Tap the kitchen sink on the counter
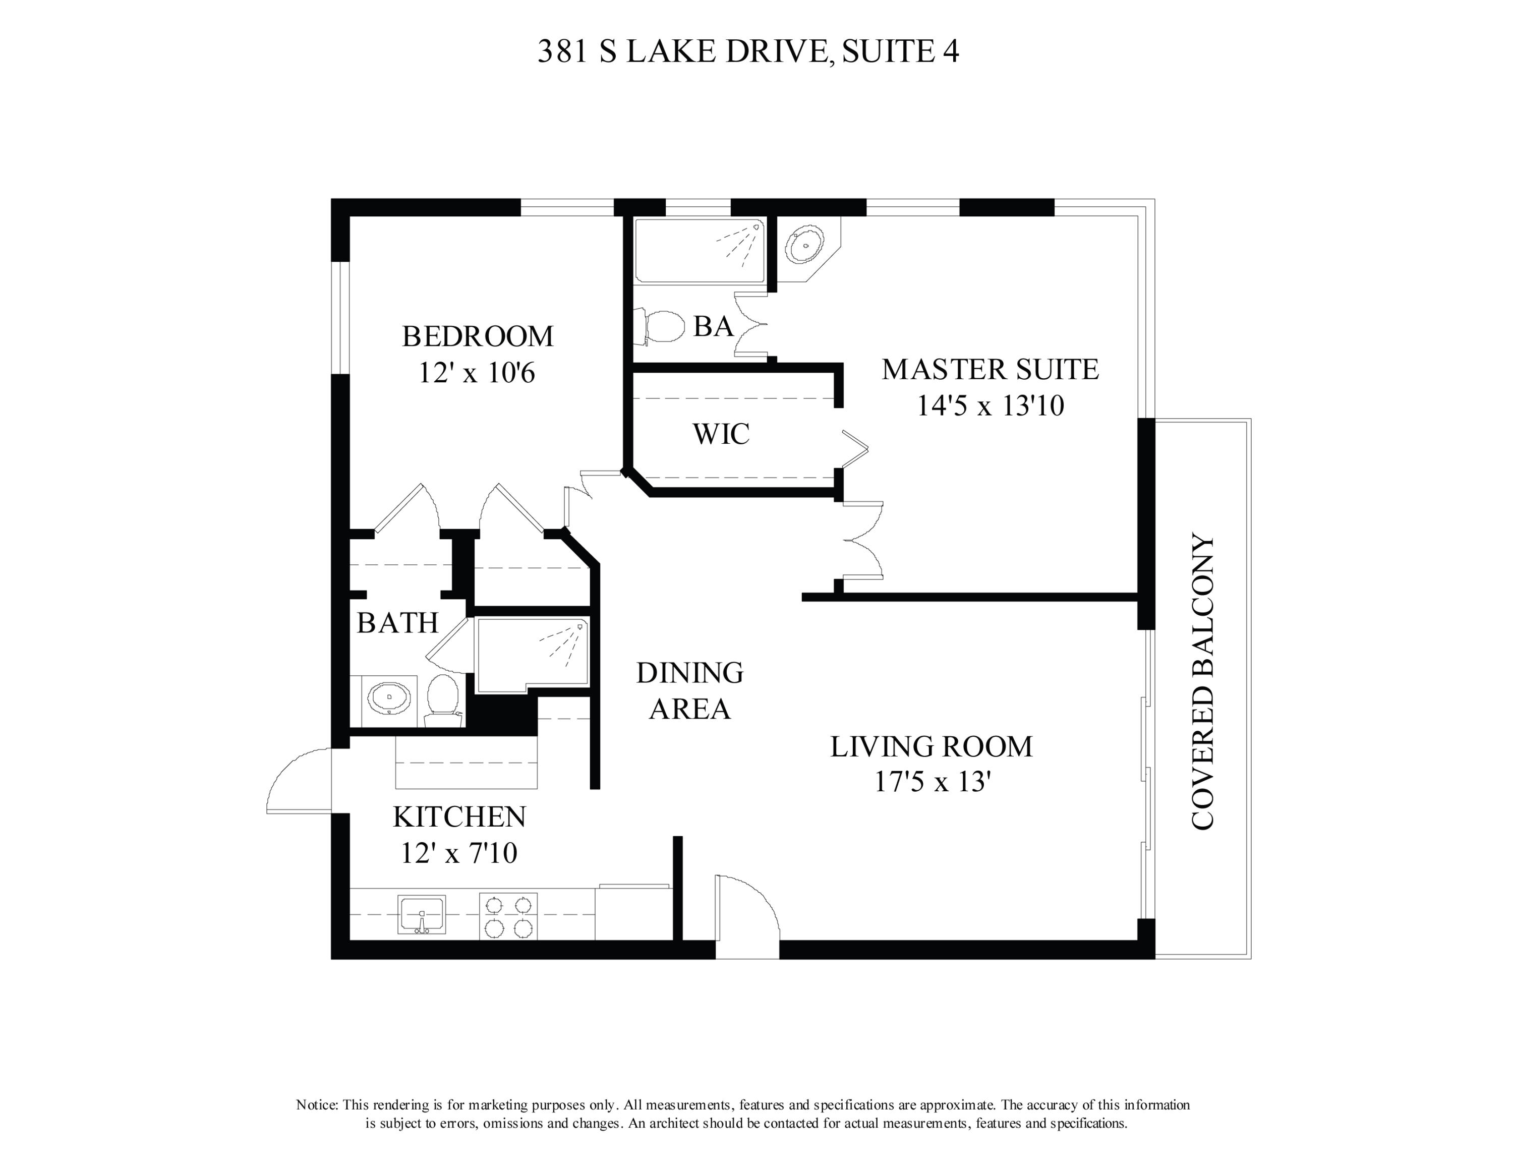[x=421, y=915]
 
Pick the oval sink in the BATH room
[x=389, y=698]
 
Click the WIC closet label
[x=721, y=434]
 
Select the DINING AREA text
[x=690, y=690]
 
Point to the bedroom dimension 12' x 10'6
[x=477, y=374]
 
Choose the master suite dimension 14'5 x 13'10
[x=991, y=406]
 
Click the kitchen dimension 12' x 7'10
[x=458, y=853]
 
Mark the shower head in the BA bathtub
[x=755, y=226]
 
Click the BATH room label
[x=397, y=623]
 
